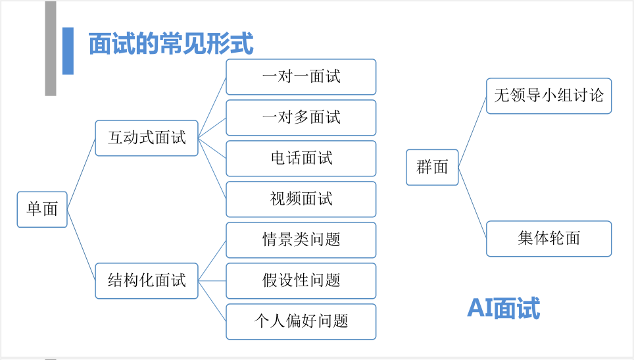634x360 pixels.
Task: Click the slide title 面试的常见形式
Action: (x=170, y=43)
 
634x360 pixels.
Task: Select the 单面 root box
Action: (x=42, y=209)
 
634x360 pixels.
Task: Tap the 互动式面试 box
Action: (x=147, y=138)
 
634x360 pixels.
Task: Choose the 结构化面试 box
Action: (x=147, y=281)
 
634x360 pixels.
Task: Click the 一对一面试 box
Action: (x=301, y=77)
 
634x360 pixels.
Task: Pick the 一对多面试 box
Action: (x=301, y=118)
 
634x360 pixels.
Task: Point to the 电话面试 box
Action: (x=301, y=159)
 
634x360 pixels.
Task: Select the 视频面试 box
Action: (x=301, y=199)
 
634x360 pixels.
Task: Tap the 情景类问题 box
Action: (x=301, y=240)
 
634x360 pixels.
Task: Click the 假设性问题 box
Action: (x=301, y=281)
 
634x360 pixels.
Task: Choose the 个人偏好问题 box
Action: (x=301, y=322)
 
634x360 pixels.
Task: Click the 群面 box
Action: (x=432, y=167)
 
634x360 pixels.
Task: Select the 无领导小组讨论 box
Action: (x=549, y=96)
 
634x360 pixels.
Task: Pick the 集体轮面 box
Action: (x=549, y=239)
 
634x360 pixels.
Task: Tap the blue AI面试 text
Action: (x=504, y=308)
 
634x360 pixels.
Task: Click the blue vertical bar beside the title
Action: (x=68, y=51)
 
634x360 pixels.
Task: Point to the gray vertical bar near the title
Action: (x=51, y=48)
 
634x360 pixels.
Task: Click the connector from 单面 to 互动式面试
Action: (x=82, y=174)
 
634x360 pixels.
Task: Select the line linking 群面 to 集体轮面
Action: (x=472, y=203)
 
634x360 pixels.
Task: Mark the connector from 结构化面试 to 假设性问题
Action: (x=212, y=281)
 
